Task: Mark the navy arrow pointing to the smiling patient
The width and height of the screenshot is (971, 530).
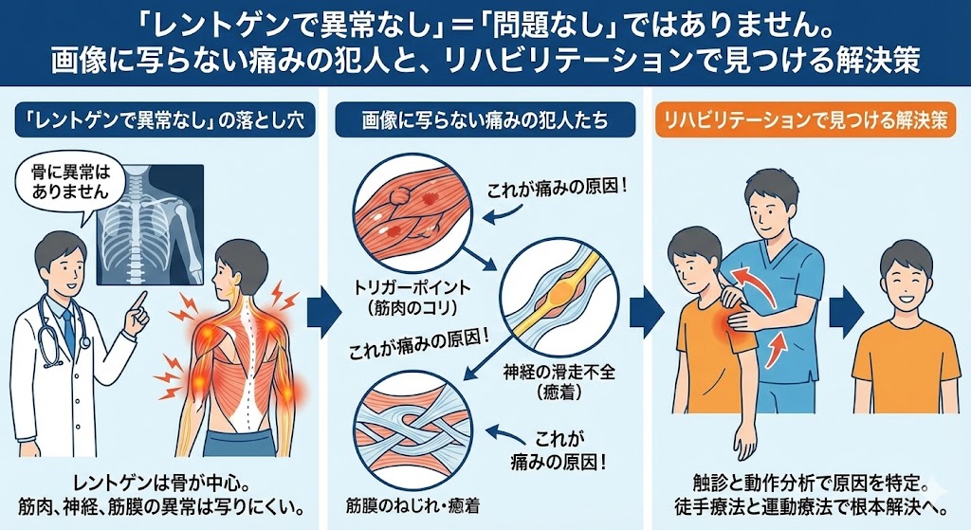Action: click(846, 309)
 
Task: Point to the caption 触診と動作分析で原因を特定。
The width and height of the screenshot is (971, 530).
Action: click(807, 481)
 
